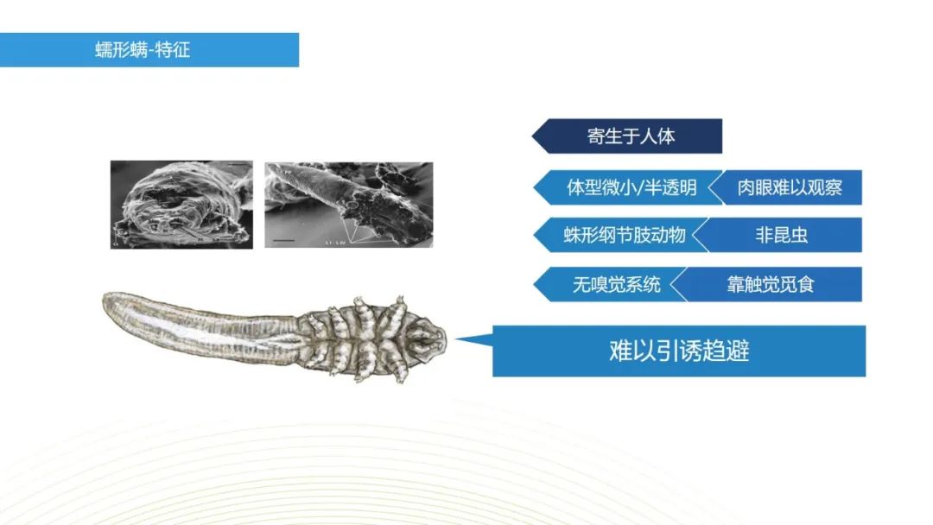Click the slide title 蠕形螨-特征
(x=143, y=49)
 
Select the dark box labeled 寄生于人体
(x=632, y=136)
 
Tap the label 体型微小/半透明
(x=631, y=187)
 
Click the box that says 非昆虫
(x=781, y=235)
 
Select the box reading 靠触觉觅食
(x=771, y=284)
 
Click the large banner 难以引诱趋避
(x=679, y=351)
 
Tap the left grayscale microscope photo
(x=181, y=205)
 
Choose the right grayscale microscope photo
(x=348, y=205)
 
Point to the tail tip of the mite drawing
(x=109, y=302)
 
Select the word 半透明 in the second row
(x=669, y=187)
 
